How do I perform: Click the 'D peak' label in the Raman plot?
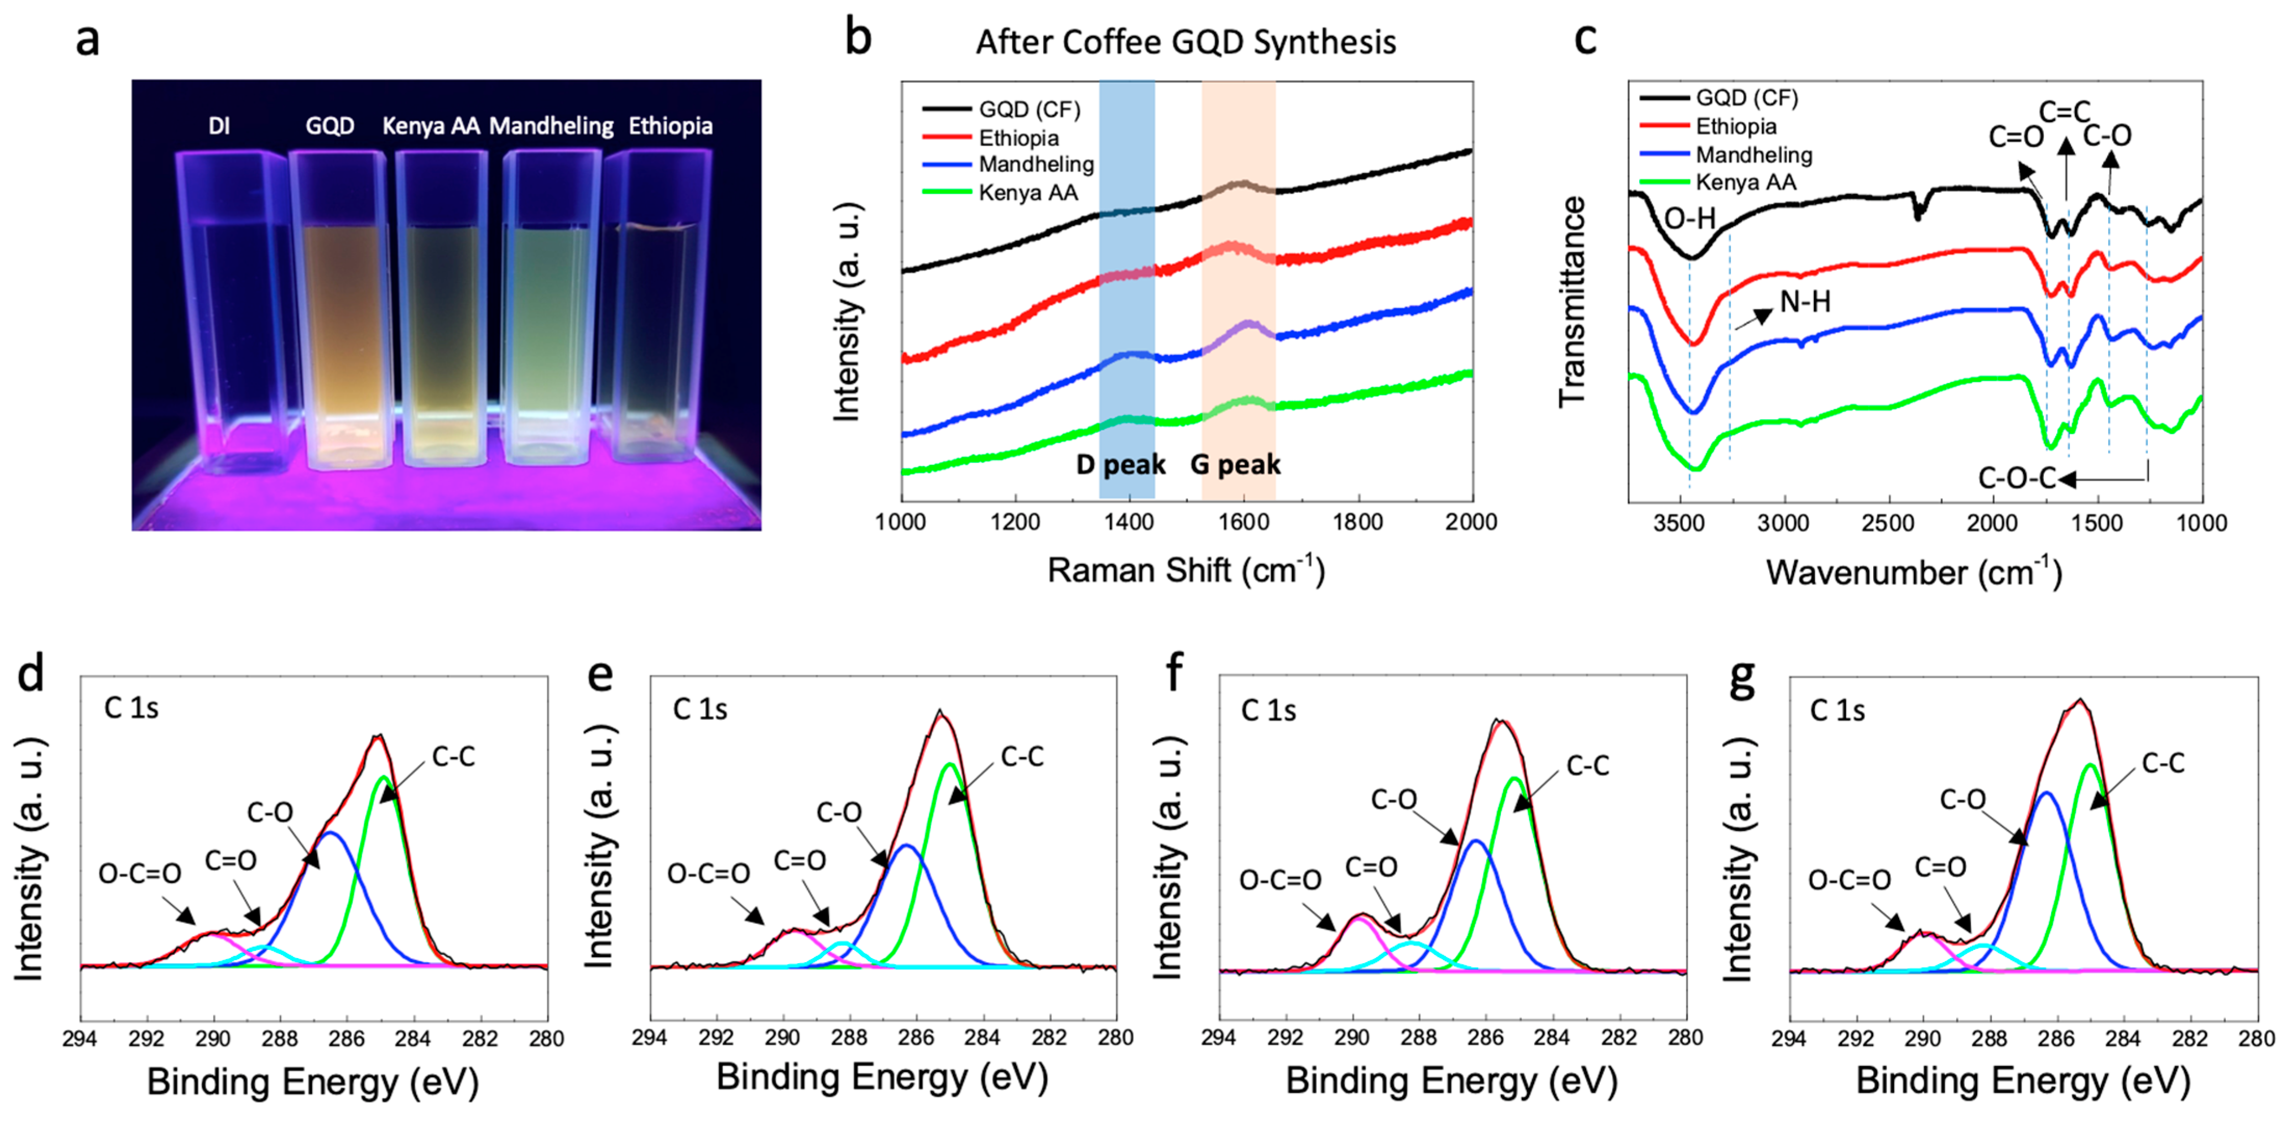1120,464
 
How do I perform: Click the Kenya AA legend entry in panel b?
1028,192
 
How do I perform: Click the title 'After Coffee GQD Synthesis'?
1185,42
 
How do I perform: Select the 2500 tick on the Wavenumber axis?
1888,523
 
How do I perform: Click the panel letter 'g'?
1742,676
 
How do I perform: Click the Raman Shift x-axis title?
1185,571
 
